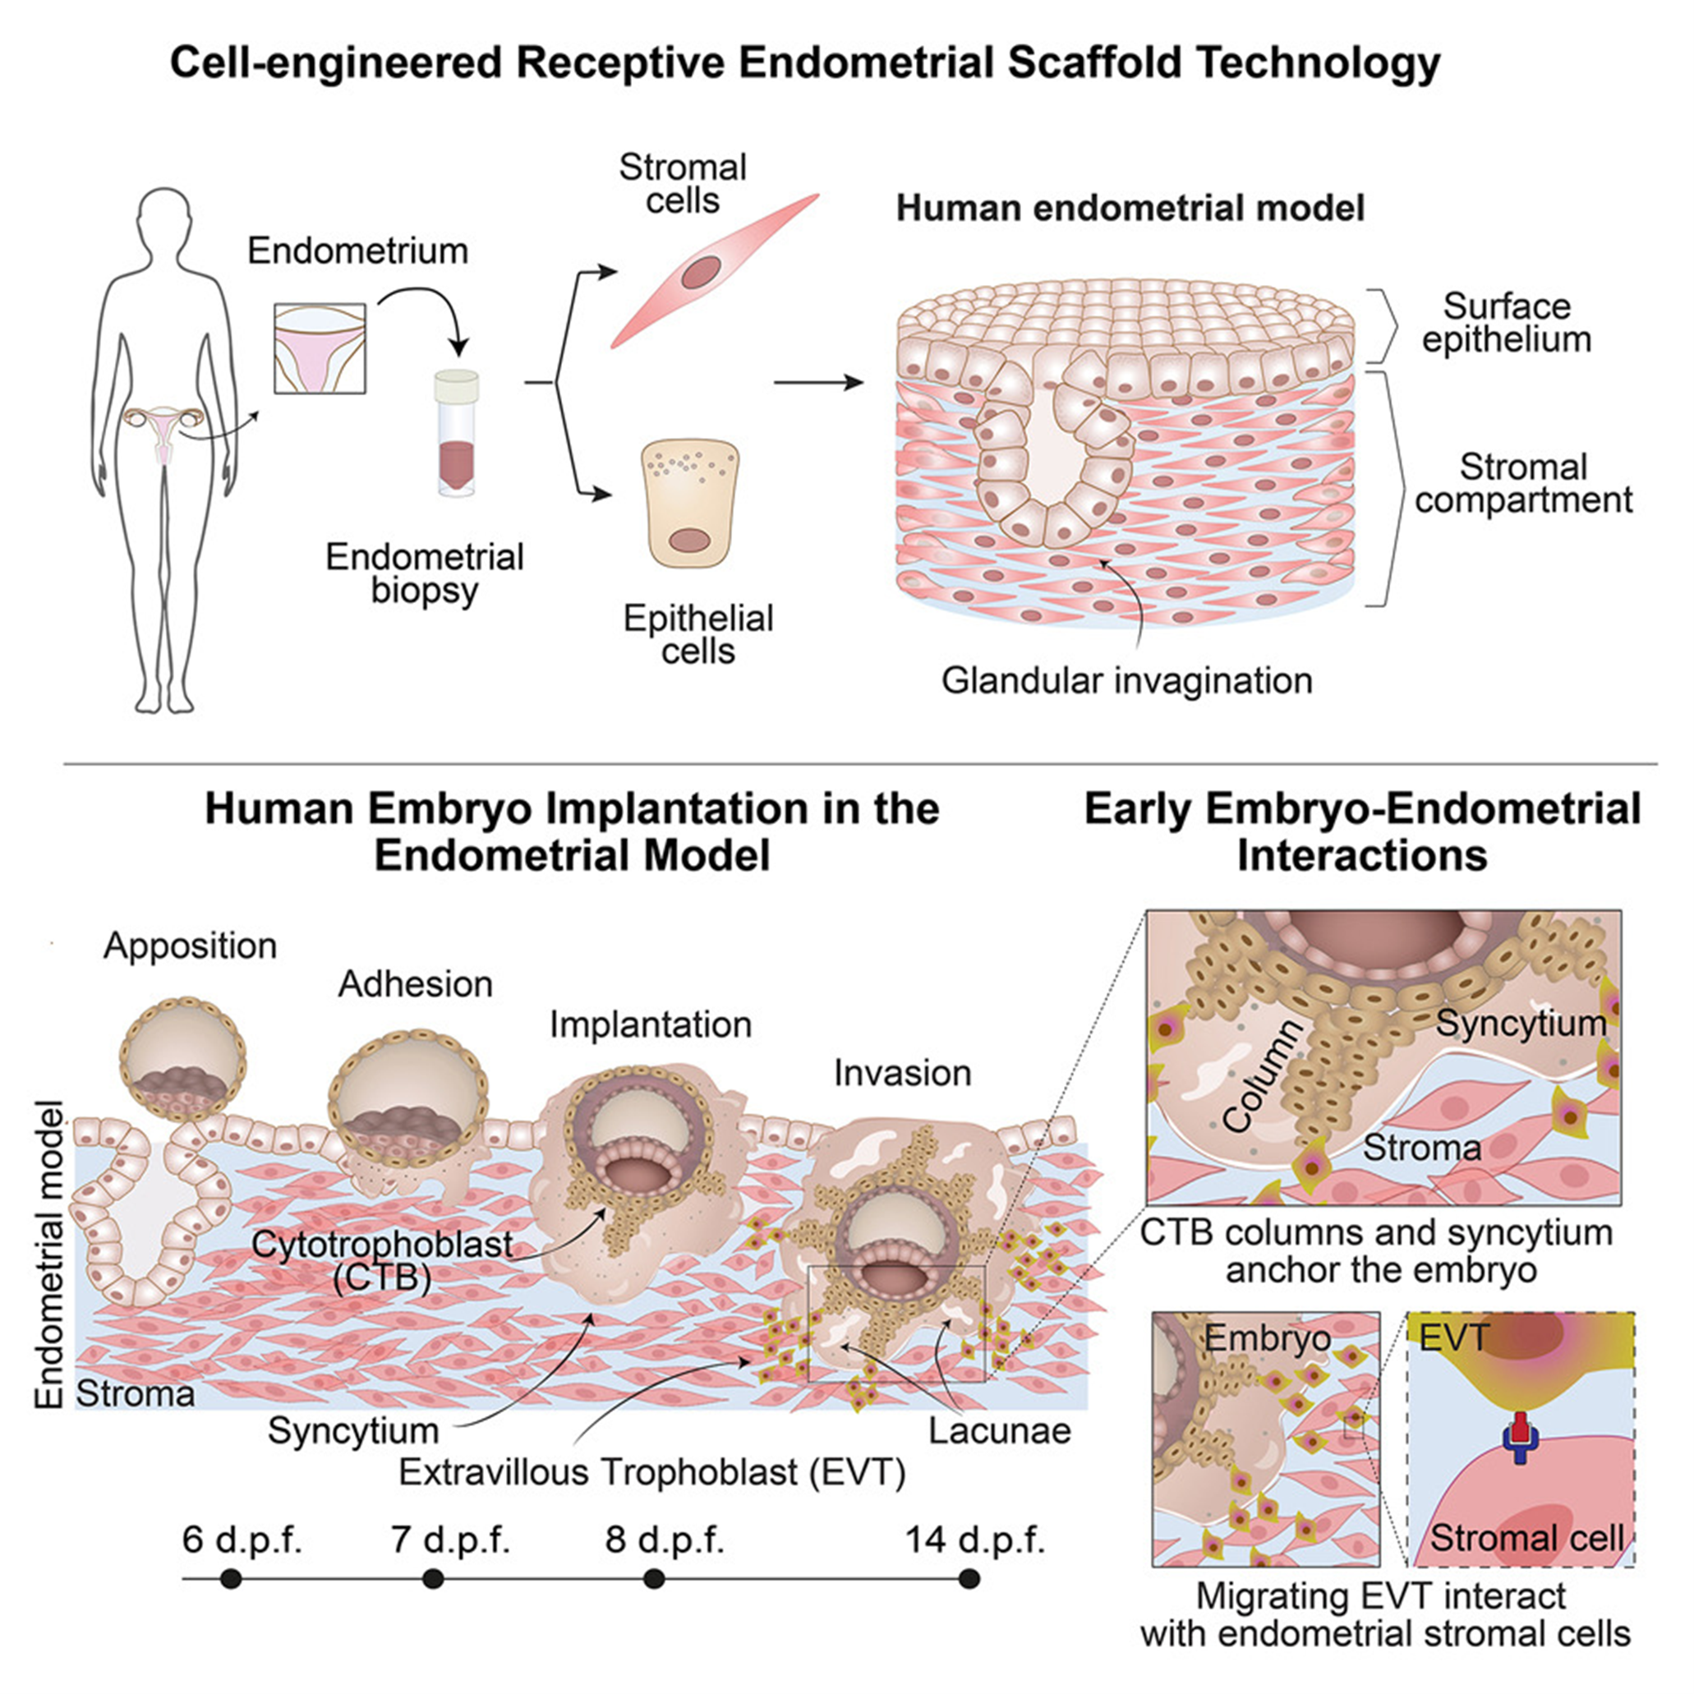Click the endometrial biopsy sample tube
click(457, 433)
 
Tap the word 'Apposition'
click(191, 946)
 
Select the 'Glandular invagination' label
click(1126, 680)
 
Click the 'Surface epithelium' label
click(1507, 323)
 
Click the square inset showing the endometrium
click(320, 348)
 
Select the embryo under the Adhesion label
click(407, 1102)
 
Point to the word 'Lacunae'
click(1000, 1431)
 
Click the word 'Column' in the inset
click(1263, 1076)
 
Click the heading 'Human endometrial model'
click(1130, 209)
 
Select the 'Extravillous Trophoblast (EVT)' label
click(651, 1472)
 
